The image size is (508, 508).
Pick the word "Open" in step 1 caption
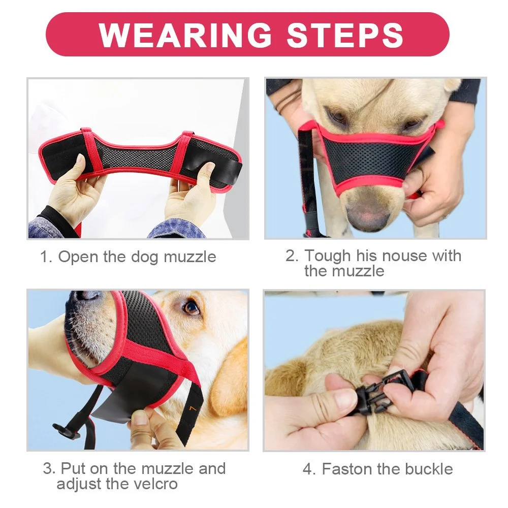(x=78, y=257)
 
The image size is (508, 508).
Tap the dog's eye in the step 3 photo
(x=190, y=308)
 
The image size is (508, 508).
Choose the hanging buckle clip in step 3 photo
(x=67, y=431)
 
